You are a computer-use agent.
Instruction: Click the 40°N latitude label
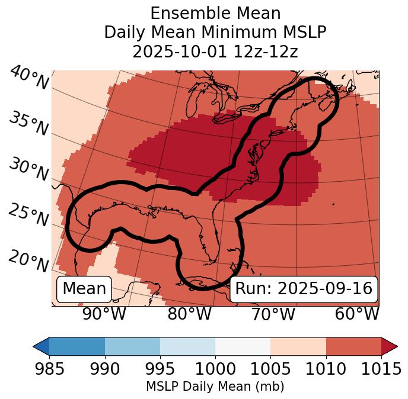click(x=29, y=79)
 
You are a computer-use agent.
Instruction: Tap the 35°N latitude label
click(x=28, y=124)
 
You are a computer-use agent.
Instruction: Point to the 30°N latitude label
click(x=28, y=169)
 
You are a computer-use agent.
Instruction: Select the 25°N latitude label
click(x=28, y=215)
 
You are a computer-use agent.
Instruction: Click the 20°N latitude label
click(x=28, y=261)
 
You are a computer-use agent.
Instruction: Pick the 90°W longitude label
click(x=104, y=314)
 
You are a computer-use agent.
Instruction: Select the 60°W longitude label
click(x=357, y=314)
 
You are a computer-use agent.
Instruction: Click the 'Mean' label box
click(x=84, y=289)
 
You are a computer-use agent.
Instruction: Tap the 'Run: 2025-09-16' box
click(x=304, y=289)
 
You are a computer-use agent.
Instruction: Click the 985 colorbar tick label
click(x=49, y=369)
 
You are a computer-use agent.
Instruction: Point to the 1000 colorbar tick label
click(x=215, y=369)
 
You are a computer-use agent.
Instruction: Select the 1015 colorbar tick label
click(x=381, y=369)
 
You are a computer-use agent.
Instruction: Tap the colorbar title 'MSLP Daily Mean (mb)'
click(x=215, y=387)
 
